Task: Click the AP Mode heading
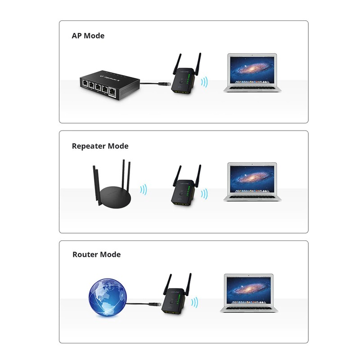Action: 88,36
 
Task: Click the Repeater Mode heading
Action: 100,146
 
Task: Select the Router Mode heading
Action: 96,254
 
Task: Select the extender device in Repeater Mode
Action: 184,191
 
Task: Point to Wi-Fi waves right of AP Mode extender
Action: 204,82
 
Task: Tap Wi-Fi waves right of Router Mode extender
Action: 194,302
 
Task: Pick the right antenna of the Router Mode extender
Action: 189,283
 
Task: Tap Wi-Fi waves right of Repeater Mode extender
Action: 204,193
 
